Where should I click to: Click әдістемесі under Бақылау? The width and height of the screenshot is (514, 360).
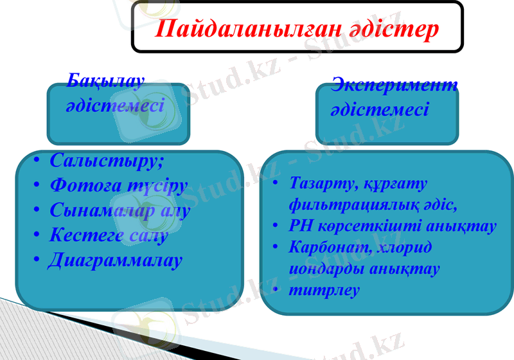pos(115,104)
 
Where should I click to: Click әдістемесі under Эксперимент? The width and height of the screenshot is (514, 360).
pos(380,109)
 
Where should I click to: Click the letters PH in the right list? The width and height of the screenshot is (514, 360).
pos(299,226)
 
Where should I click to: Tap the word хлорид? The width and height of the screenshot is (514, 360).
pos(407,248)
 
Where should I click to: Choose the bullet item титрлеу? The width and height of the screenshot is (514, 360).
pos(324,290)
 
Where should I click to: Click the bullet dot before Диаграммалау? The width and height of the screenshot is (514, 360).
pos(37,260)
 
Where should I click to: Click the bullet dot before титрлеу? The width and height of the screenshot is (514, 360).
pos(276,290)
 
